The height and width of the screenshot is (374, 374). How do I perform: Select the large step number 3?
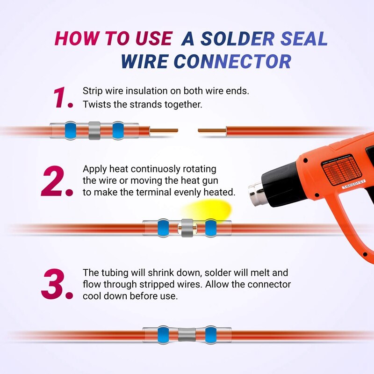point(57,284)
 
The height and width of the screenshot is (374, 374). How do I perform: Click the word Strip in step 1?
point(92,91)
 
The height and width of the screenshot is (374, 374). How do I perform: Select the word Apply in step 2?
point(94,169)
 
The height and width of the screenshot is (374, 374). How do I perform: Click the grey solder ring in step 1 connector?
point(94,130)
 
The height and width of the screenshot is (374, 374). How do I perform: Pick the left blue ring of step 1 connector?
point(71,130)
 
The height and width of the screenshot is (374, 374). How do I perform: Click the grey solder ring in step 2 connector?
point(187,228)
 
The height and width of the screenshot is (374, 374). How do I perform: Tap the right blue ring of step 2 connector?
point(210,228)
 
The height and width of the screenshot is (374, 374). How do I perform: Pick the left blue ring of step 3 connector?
point(163,335)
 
